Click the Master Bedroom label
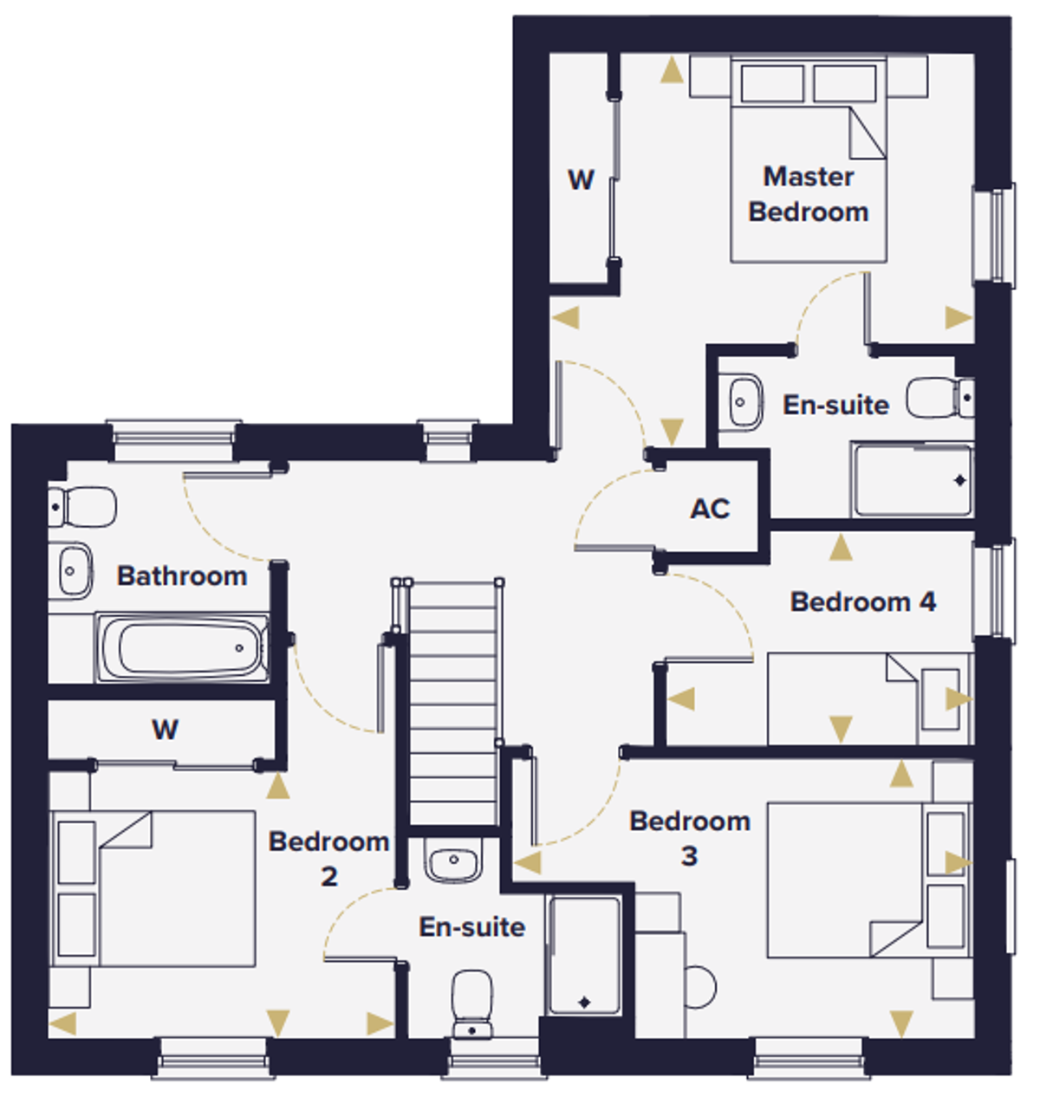click(808, 194)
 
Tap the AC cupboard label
click(710, 509)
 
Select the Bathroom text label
click(182, 575)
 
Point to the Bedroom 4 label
click(862, 602)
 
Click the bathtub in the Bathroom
click(183, 648)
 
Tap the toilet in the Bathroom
click(81, 507)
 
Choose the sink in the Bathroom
click(75, 571)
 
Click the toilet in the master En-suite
click(940, 398)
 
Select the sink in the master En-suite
click(741, 402)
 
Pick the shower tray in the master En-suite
click(913, 480)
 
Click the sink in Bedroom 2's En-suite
click(453, 860)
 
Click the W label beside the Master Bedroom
click(581, 179)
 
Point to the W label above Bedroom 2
click(165, 730)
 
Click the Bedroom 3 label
click(689, 839)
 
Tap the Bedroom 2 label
click(328, 859)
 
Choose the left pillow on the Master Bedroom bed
click(772, 84)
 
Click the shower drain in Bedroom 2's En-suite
click(584, 1003)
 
